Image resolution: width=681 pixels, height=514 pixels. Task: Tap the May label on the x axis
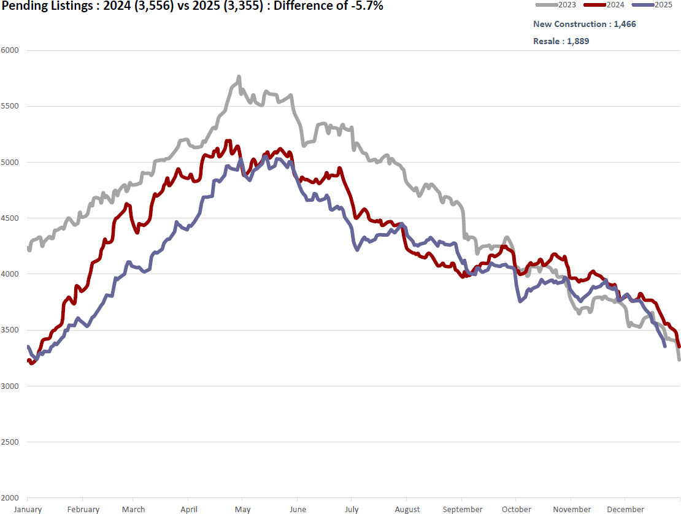pos(242,509)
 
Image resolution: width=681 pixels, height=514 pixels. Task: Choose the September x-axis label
pos(463,509)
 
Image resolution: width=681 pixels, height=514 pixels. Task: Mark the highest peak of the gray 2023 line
pos(239,77)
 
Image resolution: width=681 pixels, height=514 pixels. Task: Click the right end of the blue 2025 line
pos(665,347)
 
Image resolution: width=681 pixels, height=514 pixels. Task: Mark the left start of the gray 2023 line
pos(28,248)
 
